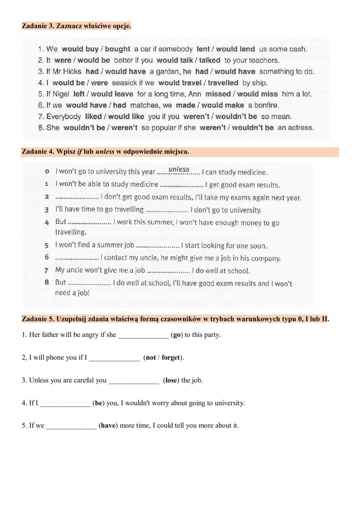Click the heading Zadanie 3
(76, 26)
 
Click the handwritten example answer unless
(179, 169)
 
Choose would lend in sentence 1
(235, 49)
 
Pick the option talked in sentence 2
(209, 60)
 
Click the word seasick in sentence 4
(124, 83)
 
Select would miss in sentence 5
(257, 94)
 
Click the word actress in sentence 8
(301, 128)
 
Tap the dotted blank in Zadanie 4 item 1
(182, 185)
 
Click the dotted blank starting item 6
(77, 258)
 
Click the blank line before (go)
(143, 335)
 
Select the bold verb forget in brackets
(171, 358)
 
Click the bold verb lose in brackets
(171, 380)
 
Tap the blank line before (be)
(65, 403)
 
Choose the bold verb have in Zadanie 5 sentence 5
(108, 425)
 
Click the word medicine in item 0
(254, 172)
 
